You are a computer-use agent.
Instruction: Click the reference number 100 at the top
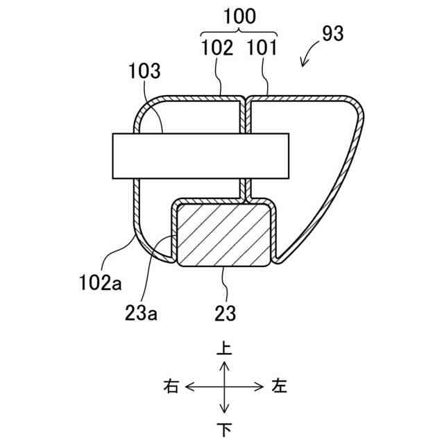[x=238, y=15]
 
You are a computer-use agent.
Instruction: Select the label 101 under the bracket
[x=262, y=49]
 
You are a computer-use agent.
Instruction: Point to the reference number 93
[x=332, y=34]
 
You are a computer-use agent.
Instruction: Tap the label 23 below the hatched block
[x=225, y=314]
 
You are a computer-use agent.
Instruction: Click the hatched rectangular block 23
[x=224, y=234]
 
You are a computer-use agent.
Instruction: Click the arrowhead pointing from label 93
[x=303, y=65]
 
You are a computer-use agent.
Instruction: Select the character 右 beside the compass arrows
[x=171, y=386]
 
